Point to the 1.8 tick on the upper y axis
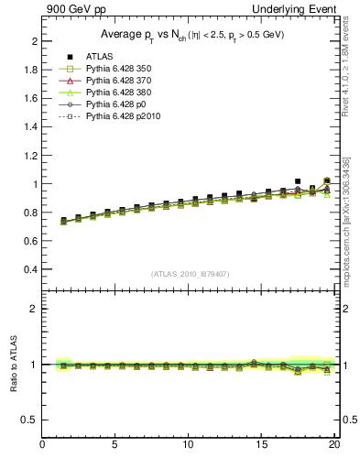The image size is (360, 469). [x=30, y=71]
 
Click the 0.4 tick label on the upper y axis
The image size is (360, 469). [x=30, y=270]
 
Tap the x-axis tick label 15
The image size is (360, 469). [x=265, y=445]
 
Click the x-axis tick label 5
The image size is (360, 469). [x=115, y=445]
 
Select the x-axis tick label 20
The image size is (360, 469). [x=335, y=445]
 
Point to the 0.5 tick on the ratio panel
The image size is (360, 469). [x=30, y=420]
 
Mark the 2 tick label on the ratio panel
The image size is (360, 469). [x=34, y=309]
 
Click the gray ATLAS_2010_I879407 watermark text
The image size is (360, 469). [x=190, y=274]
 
